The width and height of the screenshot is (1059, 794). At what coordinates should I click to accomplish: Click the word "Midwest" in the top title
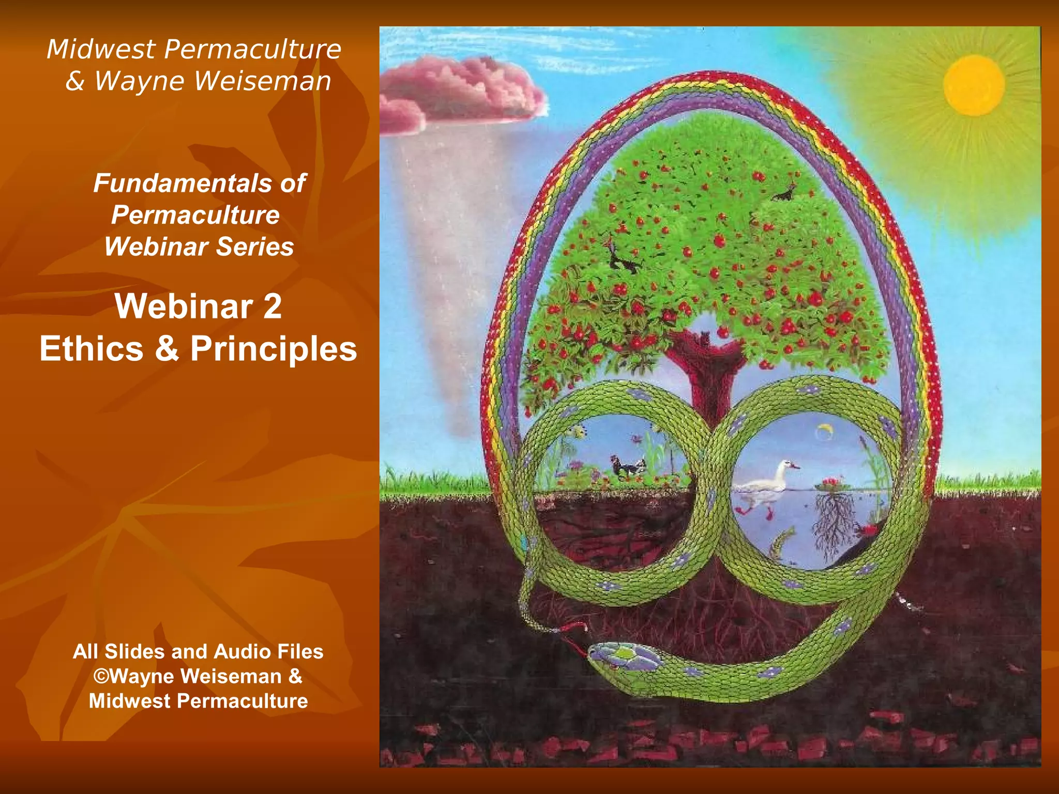(x=101, y=50)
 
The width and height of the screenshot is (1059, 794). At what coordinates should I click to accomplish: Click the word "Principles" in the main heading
(x=274, y=349)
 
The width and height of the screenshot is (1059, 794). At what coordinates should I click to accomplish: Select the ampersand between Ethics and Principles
(x=167, y=348)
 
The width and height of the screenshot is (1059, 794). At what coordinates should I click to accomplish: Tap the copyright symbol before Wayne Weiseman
(x=101, y=676)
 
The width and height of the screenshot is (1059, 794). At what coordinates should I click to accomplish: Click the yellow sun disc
(x=973, y=85)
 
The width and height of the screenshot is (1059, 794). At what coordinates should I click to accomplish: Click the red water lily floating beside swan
(x=830, y=484)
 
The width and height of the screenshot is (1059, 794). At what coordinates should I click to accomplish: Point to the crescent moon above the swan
(x=824, y=430)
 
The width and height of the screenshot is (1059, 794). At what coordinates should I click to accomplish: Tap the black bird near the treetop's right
(x=784, y=194)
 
